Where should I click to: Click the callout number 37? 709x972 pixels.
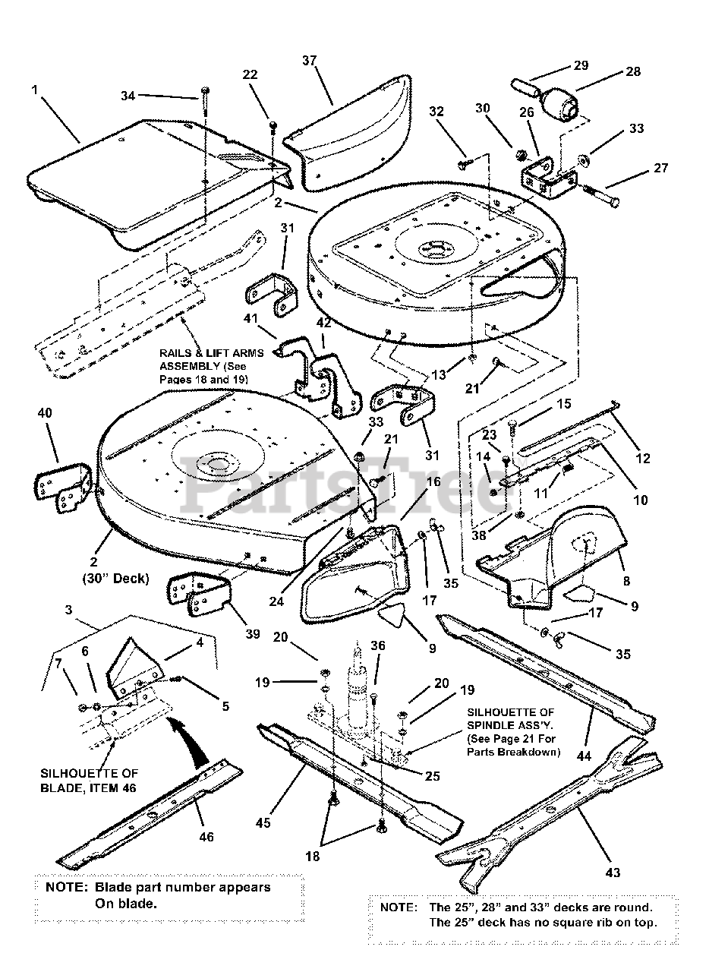tap(308, 60)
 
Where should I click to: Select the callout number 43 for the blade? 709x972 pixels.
tap(613, 873)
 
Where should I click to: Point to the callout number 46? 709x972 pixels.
tap(206, 837)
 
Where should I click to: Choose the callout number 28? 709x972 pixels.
tap(633, 71)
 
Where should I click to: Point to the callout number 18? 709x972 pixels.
tap(313, 856)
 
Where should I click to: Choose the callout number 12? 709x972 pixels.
tap(643, 458)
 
